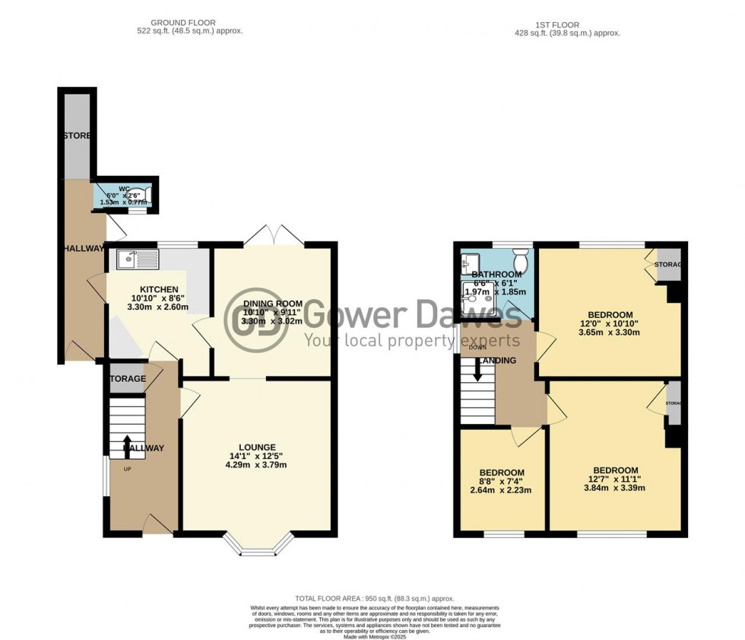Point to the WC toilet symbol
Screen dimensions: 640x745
pos(146,196)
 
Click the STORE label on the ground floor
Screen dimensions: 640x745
pos(77,135)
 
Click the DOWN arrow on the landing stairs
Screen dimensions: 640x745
pos(477,371)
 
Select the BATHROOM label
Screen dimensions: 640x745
pos(496,275)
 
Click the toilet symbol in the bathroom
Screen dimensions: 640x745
pos(521,254)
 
